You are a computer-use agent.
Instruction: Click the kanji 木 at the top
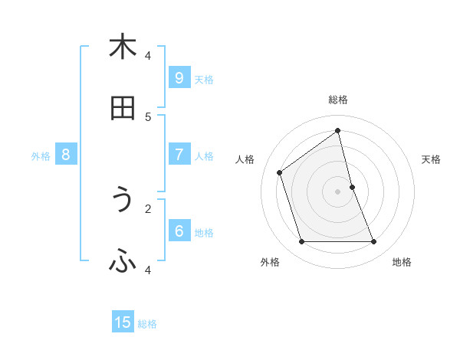click(123, 47)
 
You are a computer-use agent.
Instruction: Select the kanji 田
click(123, 110)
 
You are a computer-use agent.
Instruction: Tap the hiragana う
click(123, 201)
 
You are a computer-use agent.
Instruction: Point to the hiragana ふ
click(123, 263)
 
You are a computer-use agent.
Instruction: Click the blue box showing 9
click(179, 77)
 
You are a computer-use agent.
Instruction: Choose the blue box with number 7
click(179, 154)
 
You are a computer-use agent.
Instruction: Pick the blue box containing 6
click(179, 231)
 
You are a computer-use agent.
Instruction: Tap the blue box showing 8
click(66, 154)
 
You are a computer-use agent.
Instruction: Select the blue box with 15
click(123, 322)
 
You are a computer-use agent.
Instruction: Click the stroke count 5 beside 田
click(148, 116)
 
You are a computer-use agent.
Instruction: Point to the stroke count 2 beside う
click(148, 208)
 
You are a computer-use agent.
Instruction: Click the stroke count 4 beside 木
click(148, 55)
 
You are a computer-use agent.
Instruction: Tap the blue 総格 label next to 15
click(147, 324)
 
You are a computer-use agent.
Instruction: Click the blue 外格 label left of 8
click(41, 156)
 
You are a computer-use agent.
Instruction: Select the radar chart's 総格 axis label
click(338, 100)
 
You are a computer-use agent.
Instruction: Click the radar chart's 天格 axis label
click(431, 159)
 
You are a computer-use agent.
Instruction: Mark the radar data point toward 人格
click(280, 172)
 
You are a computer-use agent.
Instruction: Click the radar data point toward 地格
click(374, 242)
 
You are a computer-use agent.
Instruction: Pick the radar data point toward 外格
click(301, 242)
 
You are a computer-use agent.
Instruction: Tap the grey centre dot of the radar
click(338, 191)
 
